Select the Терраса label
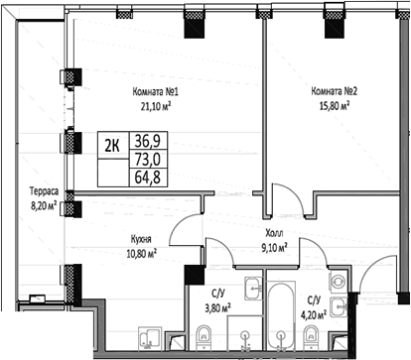click(x=42, y=191)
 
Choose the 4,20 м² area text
click(x=317, y=316)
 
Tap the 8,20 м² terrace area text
click(x=42, y=206)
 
